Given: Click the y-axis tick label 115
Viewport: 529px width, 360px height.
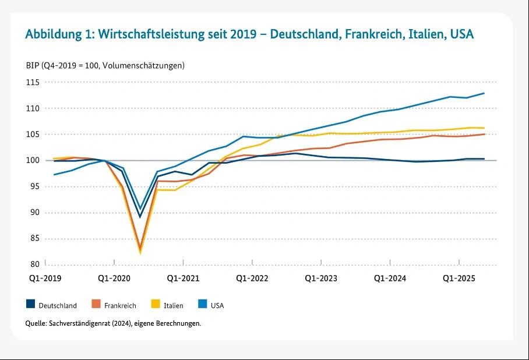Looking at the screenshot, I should pyautogui.click(x=32, y=83).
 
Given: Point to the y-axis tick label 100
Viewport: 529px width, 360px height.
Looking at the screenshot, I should pyautogui.click(x=32, y=161).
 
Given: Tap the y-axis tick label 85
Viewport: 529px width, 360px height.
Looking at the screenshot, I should pyautogui.click(x=34, y=238).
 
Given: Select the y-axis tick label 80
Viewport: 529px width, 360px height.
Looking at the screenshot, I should pyautogui.click(x=34, y=264).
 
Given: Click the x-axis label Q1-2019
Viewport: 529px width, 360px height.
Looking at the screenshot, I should pyautogui.click(x=45, y=278).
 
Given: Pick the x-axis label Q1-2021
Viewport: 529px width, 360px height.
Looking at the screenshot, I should pyautogui.click(x=183, y=278).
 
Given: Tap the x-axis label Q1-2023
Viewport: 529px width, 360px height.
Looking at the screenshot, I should pyautogui.click(x=321, y=278).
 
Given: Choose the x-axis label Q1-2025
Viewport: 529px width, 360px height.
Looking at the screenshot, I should pyautogui.click(x=459, y=278).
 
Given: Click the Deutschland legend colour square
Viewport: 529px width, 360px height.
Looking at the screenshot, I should pyautogui.click(x=30, y=304).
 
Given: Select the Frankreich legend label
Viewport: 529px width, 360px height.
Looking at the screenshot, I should pyautogui.click(x=120, y=305).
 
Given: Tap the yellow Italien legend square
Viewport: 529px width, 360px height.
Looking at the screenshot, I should pyautogui.click(x=155, y=304).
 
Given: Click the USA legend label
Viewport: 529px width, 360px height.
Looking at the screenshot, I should pyautogui.click(x=217, y=305).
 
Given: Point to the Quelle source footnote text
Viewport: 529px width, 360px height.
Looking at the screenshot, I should pyautogui.click(x=113, y=323).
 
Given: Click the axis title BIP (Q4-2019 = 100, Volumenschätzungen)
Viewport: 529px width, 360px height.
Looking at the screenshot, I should pyautogui.click(x=105, y=65).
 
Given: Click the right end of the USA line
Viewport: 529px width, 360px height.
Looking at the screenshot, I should pyautogui.click(x=484, y=93).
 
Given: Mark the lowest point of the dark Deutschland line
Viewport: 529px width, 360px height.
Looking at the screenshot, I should pyautogui.click(x=140, y=217).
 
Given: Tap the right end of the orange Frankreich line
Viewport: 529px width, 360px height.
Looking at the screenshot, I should pyautogui.click(x=484, y=134).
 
